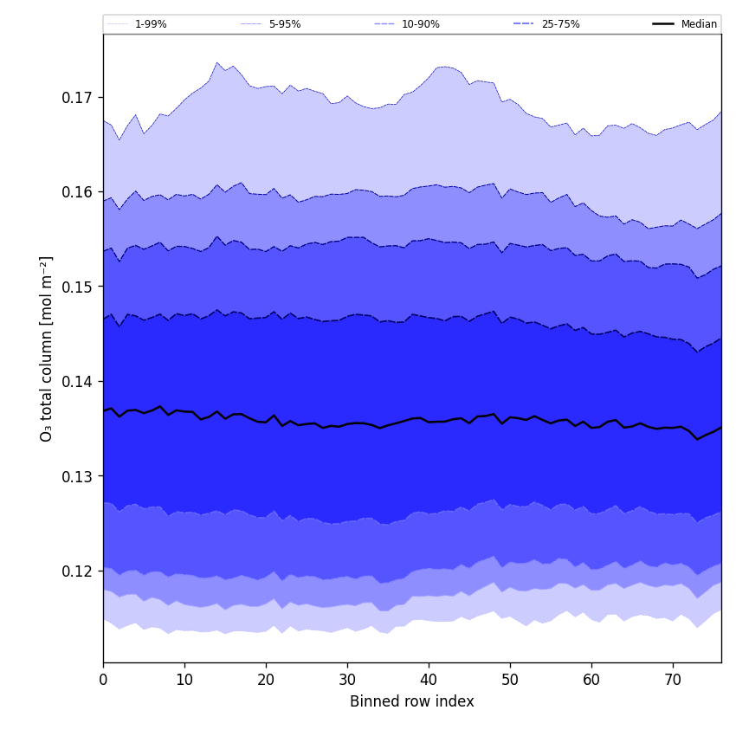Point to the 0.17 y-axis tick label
77,97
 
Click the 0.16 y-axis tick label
77,191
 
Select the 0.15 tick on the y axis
77,287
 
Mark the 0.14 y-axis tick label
77,381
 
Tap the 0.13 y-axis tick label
77,476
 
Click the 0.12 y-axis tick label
77,571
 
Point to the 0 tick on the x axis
103,681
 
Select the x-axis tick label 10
184,681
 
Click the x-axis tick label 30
347,681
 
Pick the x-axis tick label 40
429,681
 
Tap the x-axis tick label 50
510,681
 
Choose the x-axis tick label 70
673,681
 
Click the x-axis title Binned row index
412,702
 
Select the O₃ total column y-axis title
47,348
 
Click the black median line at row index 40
429,422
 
